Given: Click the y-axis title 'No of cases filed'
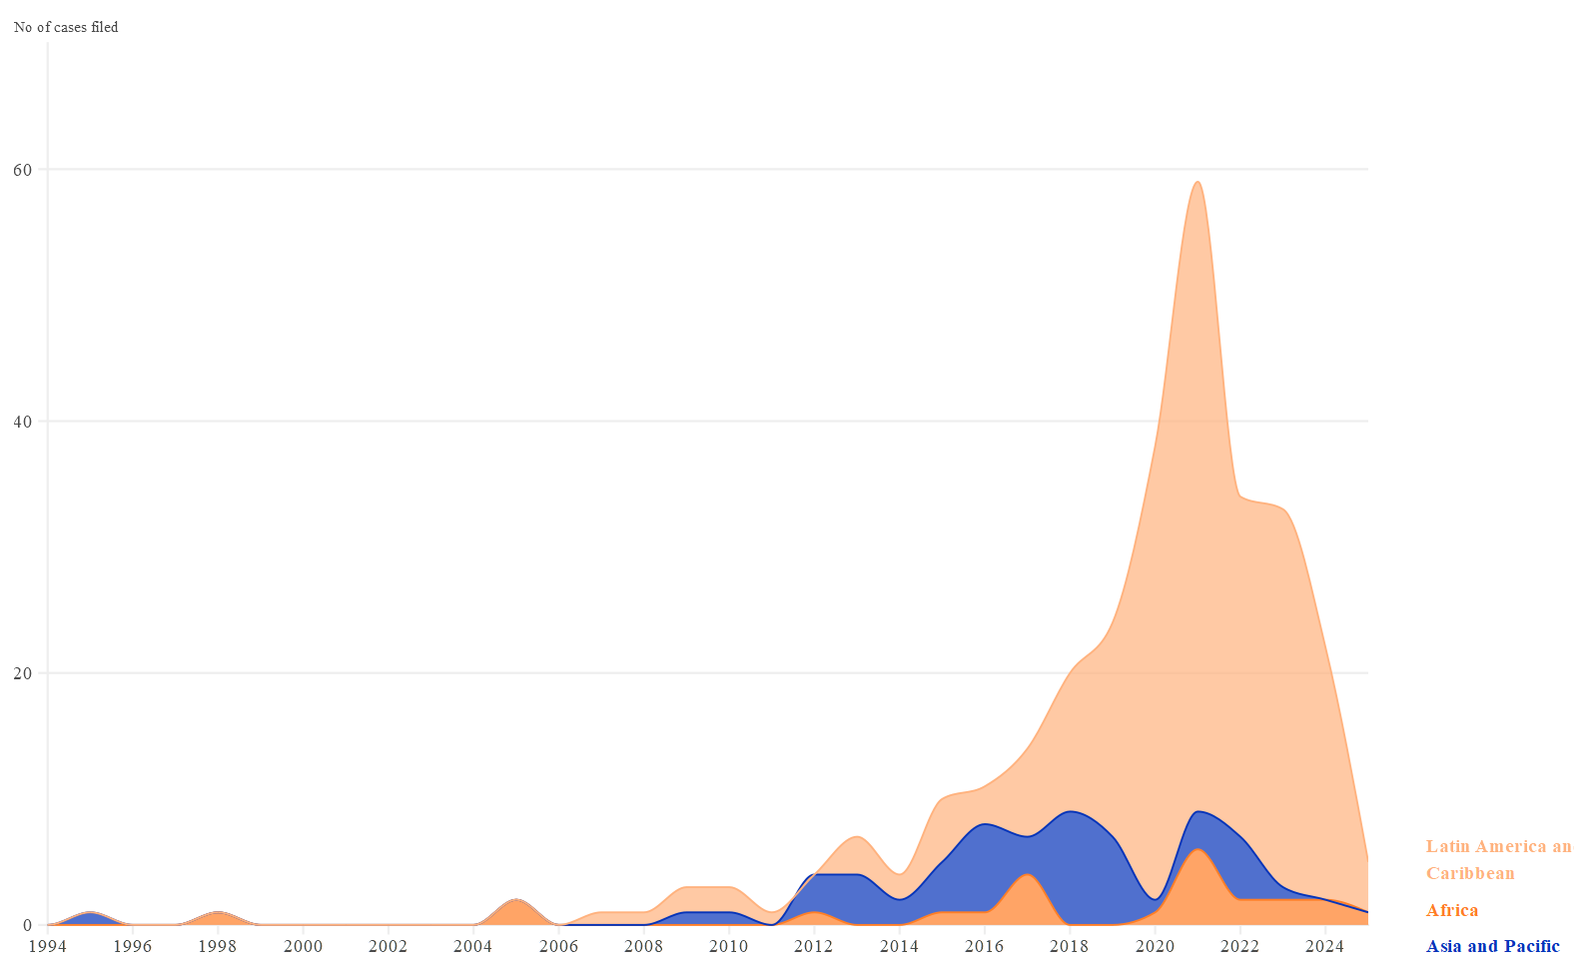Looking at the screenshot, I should click(66, 27).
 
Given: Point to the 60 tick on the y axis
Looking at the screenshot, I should click(22, 170).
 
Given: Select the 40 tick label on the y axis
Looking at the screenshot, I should click(22, 422).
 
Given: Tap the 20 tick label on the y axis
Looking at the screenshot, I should click(22, 673).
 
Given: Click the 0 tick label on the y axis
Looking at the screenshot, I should click(28, 925).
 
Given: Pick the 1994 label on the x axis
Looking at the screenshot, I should click(48, 946).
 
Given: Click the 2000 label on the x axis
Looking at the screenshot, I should click(304, 946).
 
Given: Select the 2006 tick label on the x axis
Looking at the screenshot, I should click(558, 946).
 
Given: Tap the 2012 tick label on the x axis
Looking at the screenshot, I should click(814, 946).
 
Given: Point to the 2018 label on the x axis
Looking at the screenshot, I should click(1070, 946).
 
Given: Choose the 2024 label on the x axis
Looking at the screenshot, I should click(1325, 946).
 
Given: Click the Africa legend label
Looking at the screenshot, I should click(1452, 910).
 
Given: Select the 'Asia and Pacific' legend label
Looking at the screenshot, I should click(1492, 946).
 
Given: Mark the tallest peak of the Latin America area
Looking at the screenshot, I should click(1197, 183).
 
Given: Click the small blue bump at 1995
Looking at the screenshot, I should click(91, 918).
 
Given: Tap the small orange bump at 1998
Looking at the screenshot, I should click(219, 918).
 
